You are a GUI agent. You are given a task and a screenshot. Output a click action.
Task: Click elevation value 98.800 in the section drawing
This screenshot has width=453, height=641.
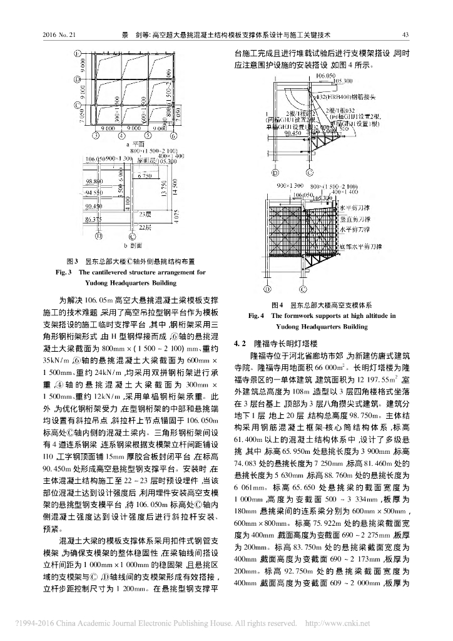point(94,181)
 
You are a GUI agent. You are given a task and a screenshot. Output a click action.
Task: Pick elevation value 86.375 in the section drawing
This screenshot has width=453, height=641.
point(94,220)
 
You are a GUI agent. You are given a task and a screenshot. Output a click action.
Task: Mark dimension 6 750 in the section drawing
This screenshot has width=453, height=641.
point(143,176)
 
